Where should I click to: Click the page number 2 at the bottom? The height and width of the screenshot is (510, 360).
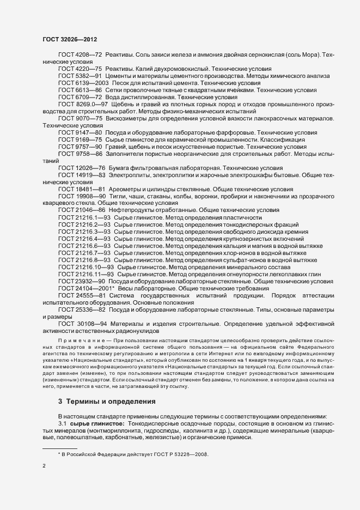[44, 466]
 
